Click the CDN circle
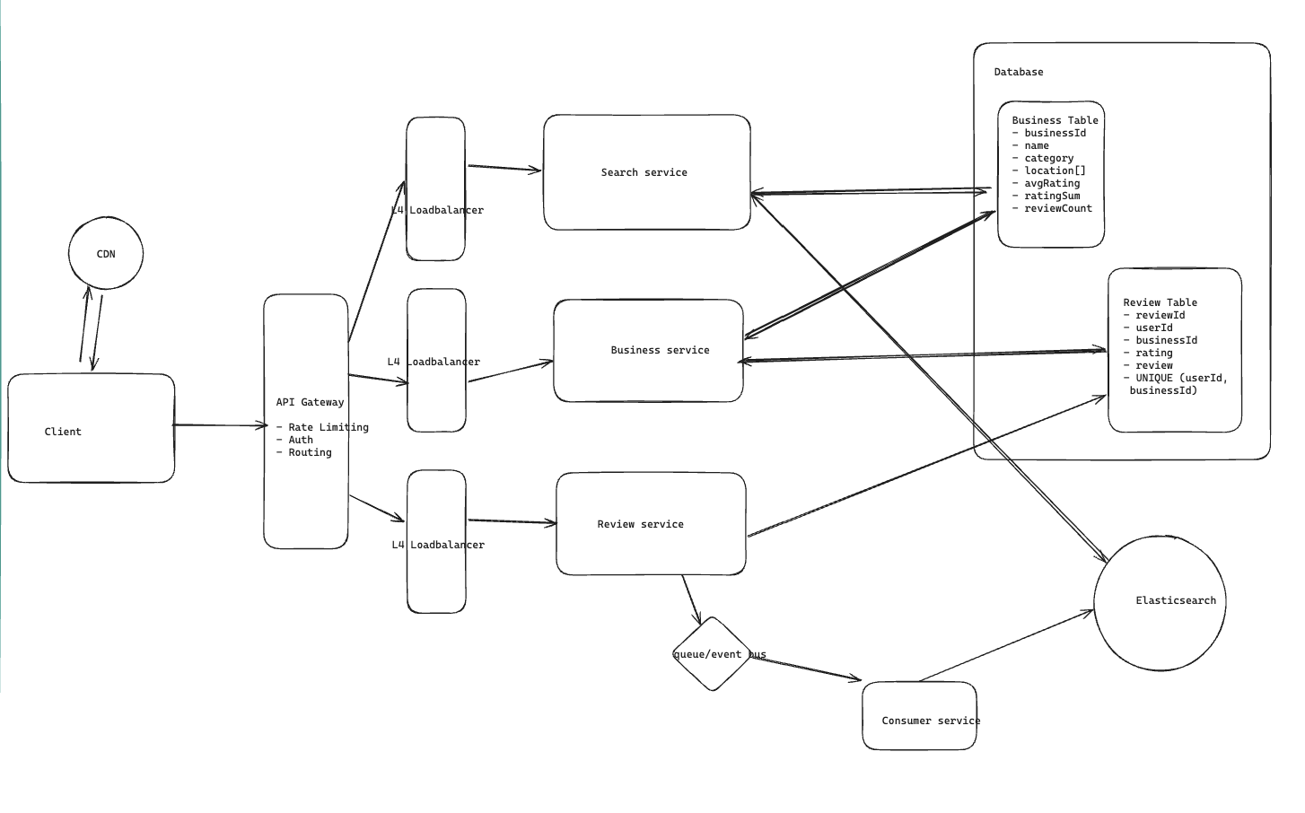(x=106, y=253)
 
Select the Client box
(x=91, y=429)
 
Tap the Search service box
(x=646, y=172)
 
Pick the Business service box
(x=648, y=351)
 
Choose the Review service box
(x=651, y=524)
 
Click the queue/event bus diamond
(x=712, y=654)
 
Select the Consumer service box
(x=919, y=716)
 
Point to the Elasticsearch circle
(x=1160, y=602)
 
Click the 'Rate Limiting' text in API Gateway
(x=328, y=427)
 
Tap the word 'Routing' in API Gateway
(x=310, y=452)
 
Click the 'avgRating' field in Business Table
(x=1052, y=183)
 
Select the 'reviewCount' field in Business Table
(x=1058, y=208)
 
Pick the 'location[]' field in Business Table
(x=1055, y=170)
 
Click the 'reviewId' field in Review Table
(x=1160, y=315)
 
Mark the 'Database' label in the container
(x=1019, y=72)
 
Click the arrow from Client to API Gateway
(x=219, y=425)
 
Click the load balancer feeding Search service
(x=435, y=188)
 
